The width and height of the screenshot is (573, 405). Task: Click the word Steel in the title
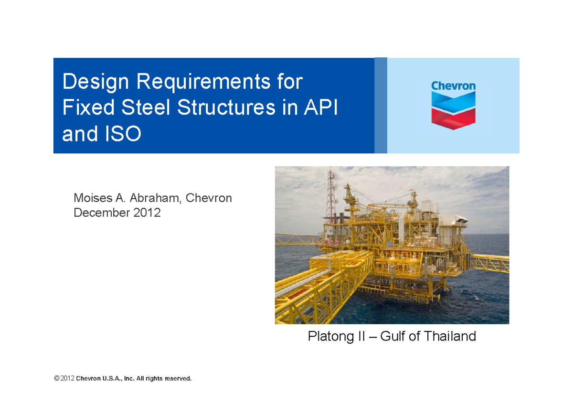click(x=146, y=107)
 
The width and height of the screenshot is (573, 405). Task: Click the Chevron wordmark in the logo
click(x=453, y=86)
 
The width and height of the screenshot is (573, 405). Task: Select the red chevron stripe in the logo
click(x=453, y=117)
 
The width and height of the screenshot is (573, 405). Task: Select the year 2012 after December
click(x=147, y=213)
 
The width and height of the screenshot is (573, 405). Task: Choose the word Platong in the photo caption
click(x=329, y=336)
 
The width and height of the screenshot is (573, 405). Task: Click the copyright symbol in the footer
click(x=57, y=379)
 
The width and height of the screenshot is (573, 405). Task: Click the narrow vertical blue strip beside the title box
click(x=381, y=106)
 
